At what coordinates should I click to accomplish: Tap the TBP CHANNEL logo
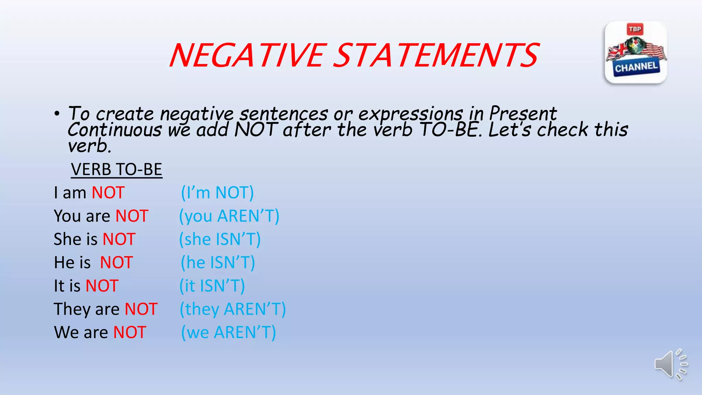click(x=636, y=52)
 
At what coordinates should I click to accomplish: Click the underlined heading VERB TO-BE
click(x=117, y=170)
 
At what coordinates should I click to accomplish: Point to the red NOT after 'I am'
click(x=108, y=193)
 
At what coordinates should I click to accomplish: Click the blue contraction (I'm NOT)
click(x=217, y=193)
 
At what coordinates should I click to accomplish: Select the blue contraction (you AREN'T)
click(x=229, y=216)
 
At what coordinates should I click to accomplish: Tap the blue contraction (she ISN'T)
click(x=220, y=239)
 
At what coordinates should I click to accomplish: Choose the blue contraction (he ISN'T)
click(x=218, y=263)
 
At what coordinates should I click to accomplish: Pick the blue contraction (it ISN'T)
click(x=212, y=286)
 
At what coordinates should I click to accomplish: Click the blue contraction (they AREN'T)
click(x=233, y=309)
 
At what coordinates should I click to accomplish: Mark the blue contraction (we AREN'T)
click(x=228, y=333)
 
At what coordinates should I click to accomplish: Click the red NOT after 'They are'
click(x=141, y=309)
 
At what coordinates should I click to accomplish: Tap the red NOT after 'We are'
click(x=130, y=333)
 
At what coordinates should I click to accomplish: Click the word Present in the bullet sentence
click(x=523, y=113)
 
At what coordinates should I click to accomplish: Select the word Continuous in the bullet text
click(x=114, y=130)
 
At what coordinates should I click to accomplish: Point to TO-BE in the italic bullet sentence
click(x=449, y=130)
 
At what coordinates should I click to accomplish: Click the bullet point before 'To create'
click(x=57, y=113)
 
